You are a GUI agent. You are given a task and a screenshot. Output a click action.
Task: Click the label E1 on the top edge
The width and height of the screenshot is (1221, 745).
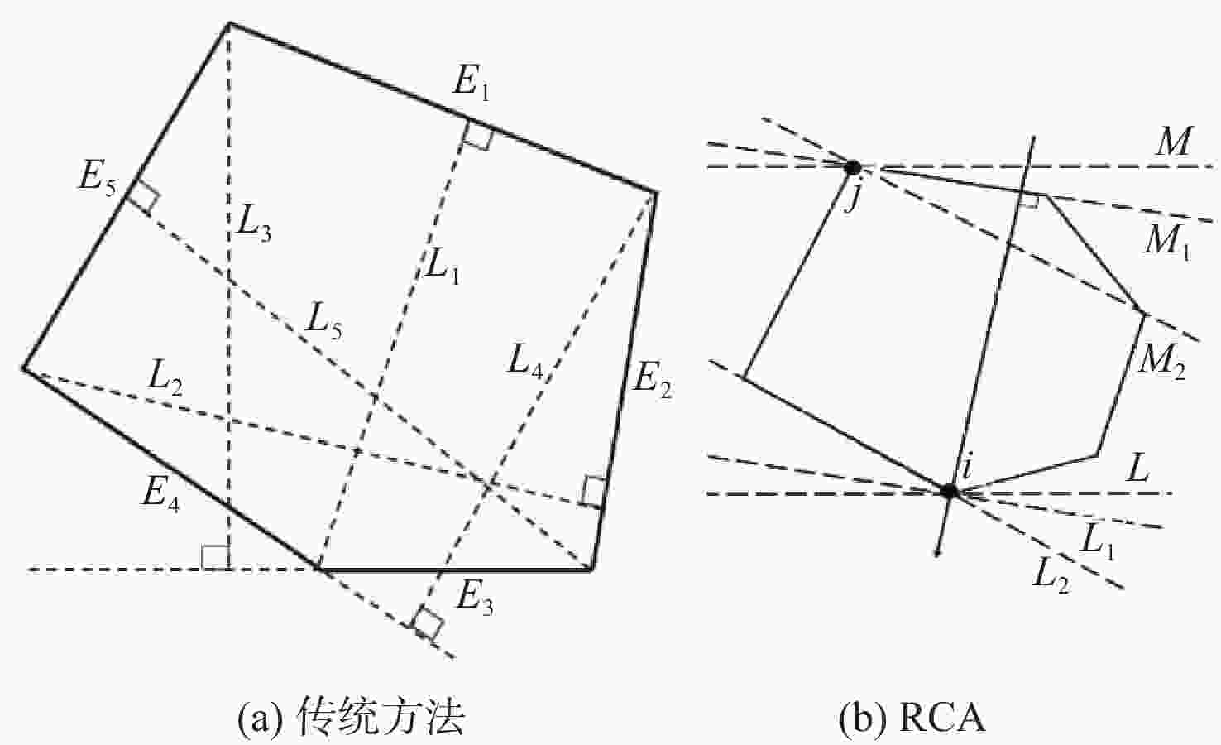(x=470, y=83)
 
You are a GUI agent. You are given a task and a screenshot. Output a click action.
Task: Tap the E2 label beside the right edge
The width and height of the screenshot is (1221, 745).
(x=652, y=381)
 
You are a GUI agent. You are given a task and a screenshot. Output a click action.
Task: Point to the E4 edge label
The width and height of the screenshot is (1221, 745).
(x=160, y=493)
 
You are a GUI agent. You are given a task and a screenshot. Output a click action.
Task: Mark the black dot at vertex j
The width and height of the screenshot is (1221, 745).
(x=852, y=167)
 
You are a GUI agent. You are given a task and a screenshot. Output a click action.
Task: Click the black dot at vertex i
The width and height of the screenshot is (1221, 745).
(x=949, y=491)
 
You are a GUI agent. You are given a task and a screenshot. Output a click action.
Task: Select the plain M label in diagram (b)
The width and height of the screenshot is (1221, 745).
(x=1173, y=142)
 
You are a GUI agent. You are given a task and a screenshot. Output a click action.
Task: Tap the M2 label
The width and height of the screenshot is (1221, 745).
(x=1161, y=362)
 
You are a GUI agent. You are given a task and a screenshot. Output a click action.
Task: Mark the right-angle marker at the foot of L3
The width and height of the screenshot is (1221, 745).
(x=216, y=557)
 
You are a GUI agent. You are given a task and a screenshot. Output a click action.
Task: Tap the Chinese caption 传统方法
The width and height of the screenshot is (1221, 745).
(x=381, y=717)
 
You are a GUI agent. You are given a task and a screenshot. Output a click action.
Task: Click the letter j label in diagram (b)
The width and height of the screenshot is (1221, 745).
(x=851, y=199)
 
